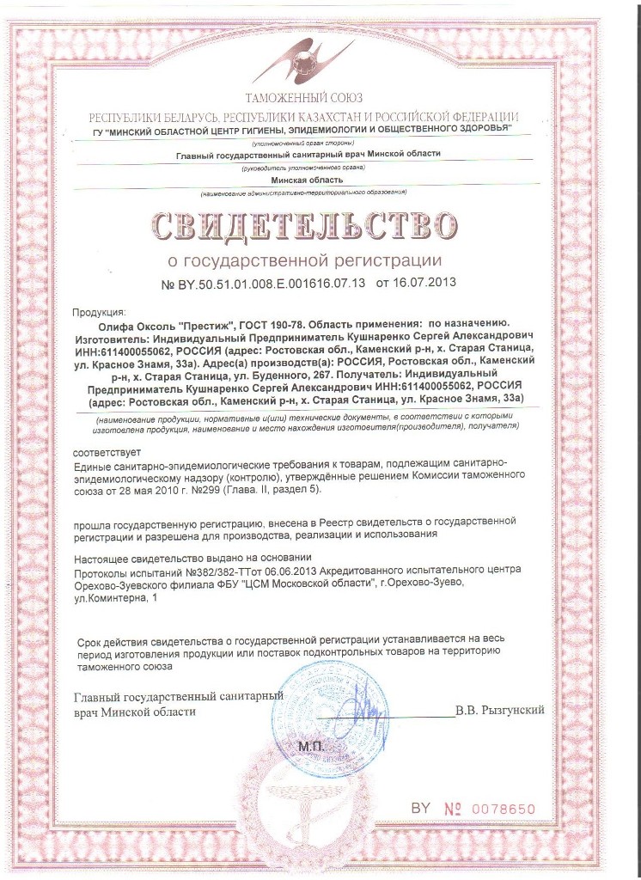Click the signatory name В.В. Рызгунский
[x=500, y=710]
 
